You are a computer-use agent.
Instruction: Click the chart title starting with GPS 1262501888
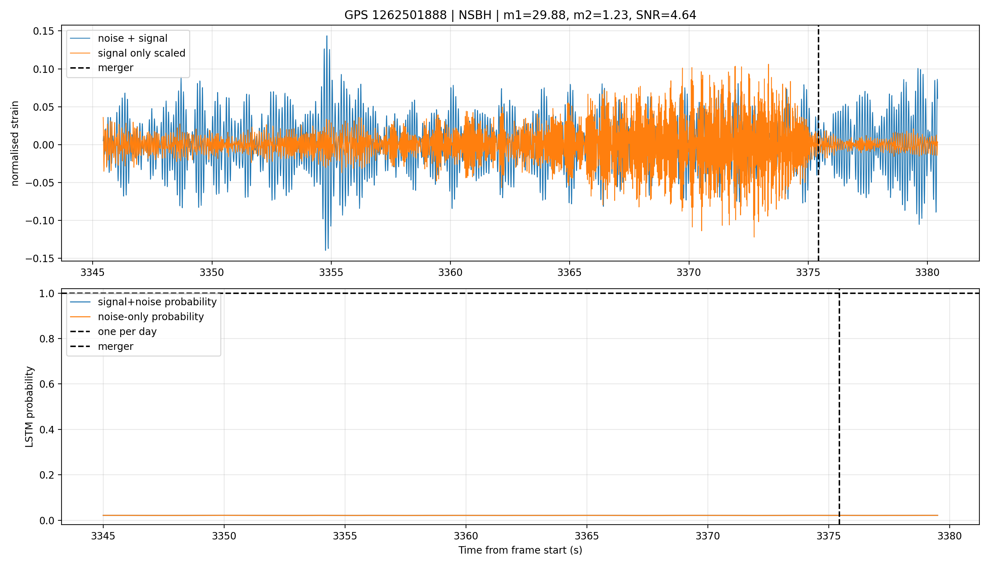pos(520,15)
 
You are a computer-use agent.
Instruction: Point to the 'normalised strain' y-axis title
pos(15,143)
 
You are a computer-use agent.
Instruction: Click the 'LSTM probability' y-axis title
pos(30,406)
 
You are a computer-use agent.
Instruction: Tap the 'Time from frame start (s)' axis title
pos(520,550)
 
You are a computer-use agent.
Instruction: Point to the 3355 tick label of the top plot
pos(331,272)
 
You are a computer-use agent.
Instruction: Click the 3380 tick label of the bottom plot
pos(950,536)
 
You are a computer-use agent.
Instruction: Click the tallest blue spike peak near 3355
pos(327,36)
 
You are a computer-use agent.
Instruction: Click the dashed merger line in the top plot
pos(818,143)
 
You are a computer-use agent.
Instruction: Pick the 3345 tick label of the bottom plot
pos(103,536)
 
